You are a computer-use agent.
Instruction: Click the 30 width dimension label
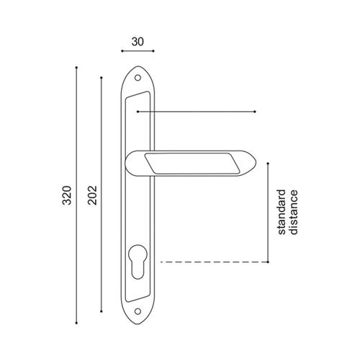click(138, 42)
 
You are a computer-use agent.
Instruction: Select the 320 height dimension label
click(67, 195)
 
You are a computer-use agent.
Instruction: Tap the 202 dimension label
click(92, 195)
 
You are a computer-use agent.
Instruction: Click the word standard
click(282, 212)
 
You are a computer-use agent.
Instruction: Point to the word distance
click(293, 212)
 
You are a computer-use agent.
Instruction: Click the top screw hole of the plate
click(138, 78)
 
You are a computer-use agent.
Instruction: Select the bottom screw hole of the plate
click(138, 311)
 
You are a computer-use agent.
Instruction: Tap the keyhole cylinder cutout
click(138, 262)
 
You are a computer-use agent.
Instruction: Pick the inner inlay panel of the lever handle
click(192, 163)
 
